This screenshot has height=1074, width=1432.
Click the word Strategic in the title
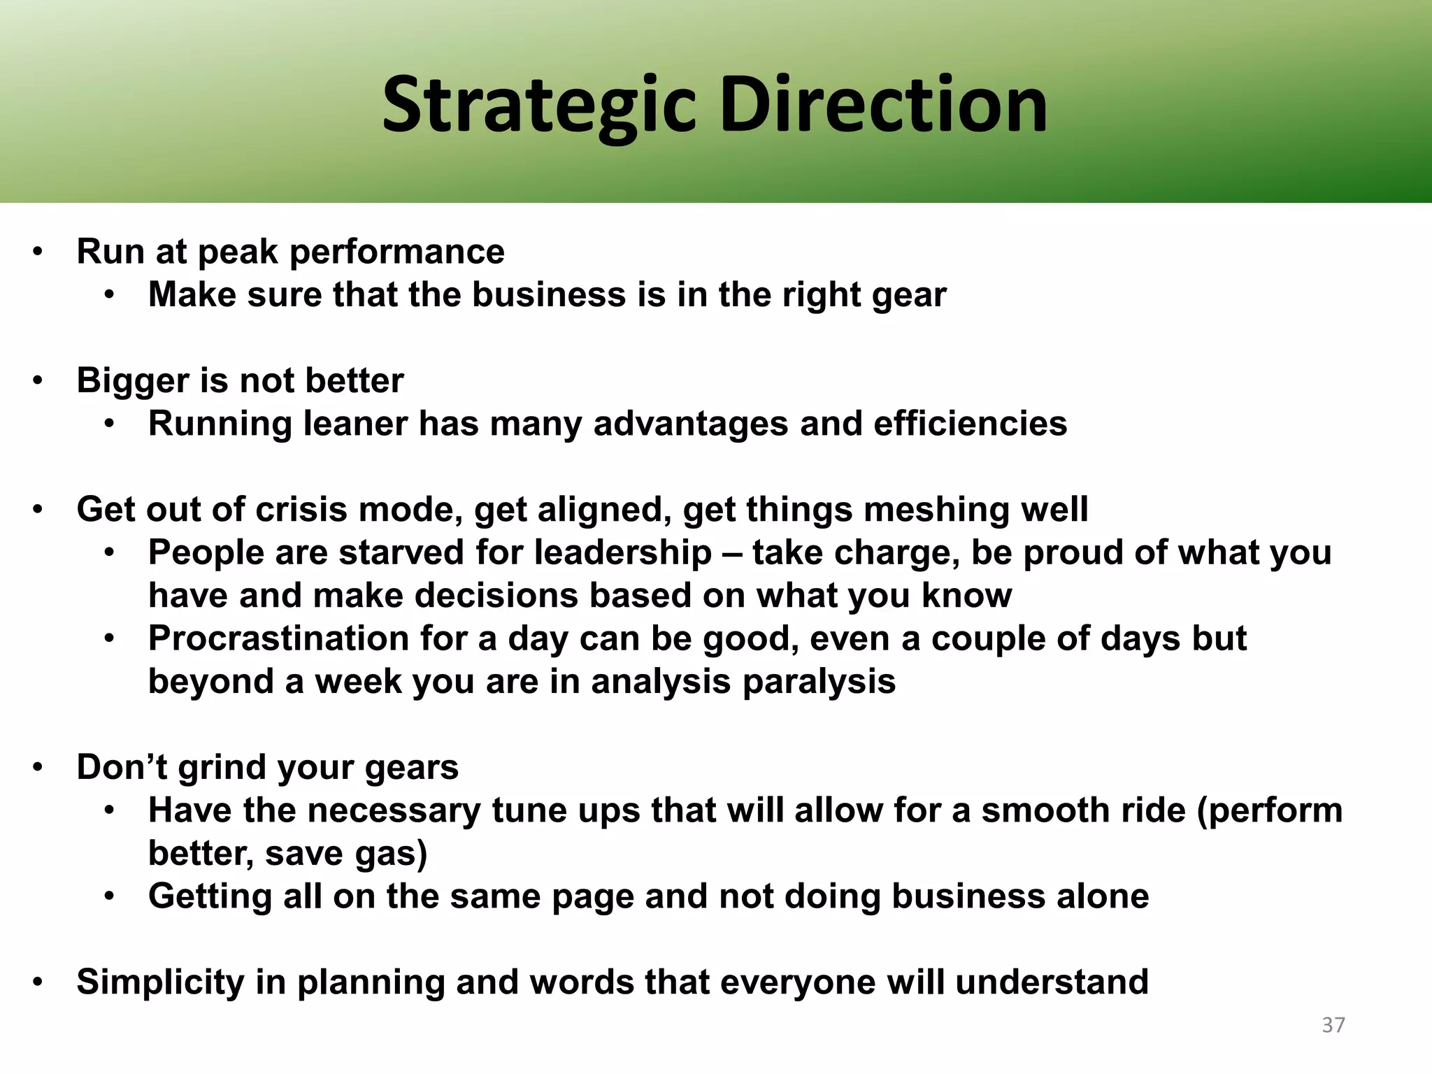(538, 106)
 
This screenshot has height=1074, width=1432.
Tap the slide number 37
(1333, 1025)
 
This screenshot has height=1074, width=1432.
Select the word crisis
(301, 509)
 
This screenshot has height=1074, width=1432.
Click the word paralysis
(818, 682)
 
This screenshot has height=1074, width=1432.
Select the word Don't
(121, 767)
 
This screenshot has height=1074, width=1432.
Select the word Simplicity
(160, 982)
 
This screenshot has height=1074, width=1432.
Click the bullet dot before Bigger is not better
(38, 382)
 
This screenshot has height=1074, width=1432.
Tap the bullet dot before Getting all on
(109, 896)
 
